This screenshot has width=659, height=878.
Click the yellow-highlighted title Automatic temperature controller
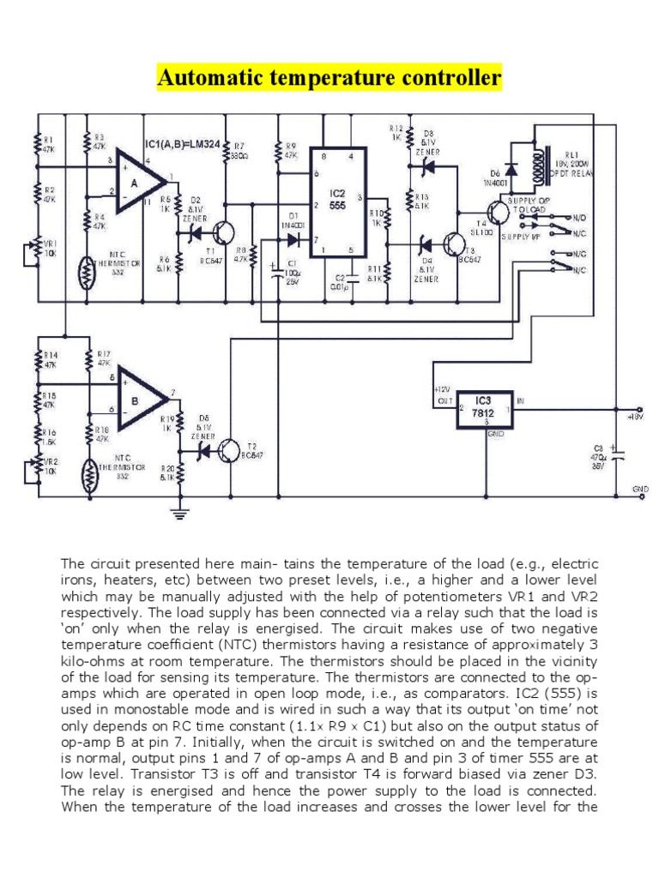[x=329, y=79]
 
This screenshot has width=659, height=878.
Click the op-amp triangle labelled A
[x=138, y=179]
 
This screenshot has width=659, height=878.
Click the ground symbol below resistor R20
[x=179, y=514]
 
